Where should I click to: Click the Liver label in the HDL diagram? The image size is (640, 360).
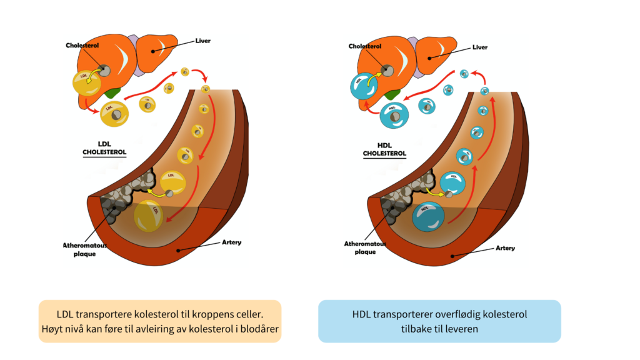point(481,46)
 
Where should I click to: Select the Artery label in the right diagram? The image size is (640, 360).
point(505,248)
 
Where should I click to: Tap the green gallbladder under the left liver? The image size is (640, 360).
point(113,92)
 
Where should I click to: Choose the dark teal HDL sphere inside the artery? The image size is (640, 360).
point(427,216)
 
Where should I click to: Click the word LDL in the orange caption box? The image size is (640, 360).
point(65,314)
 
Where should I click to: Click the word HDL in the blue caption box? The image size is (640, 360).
point(361,314)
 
